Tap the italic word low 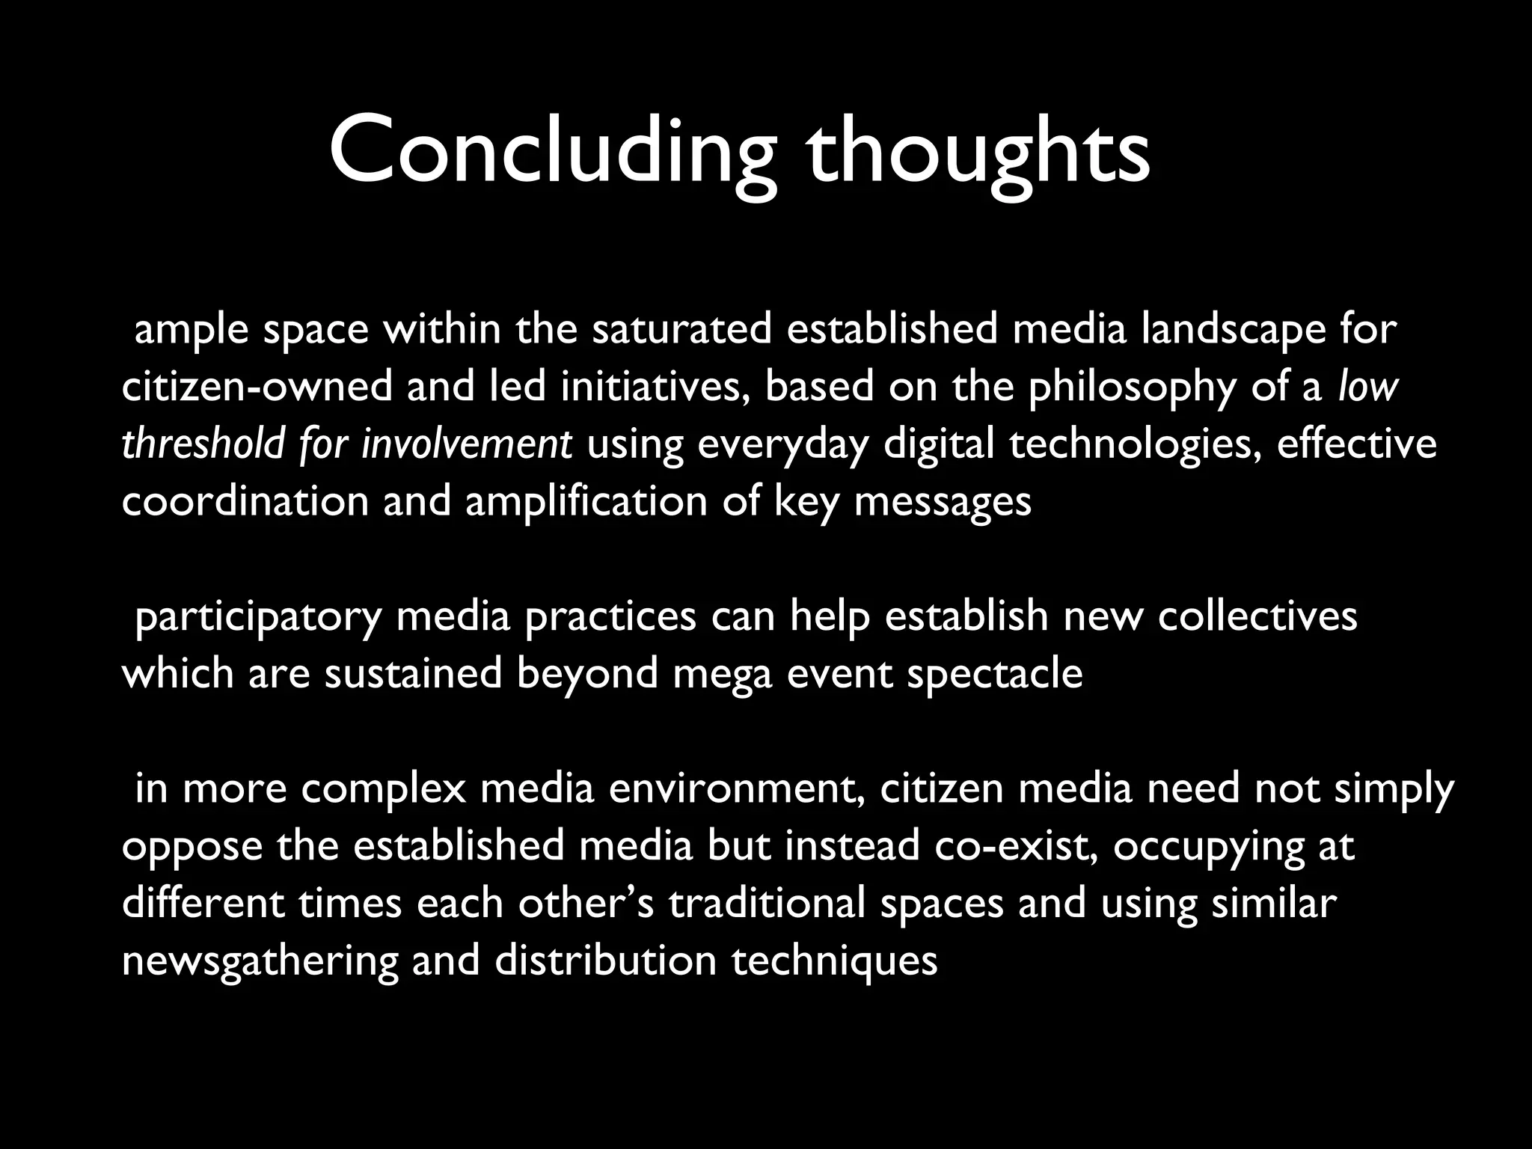coord(1368,387)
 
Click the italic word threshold coord(202,444)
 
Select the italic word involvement coord(467,444)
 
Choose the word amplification coord(586,501)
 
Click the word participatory coord(257,617)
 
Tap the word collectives coord(1257,617)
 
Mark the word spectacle coord(995,674)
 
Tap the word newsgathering coord(260,961)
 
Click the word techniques coord(834,961)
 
